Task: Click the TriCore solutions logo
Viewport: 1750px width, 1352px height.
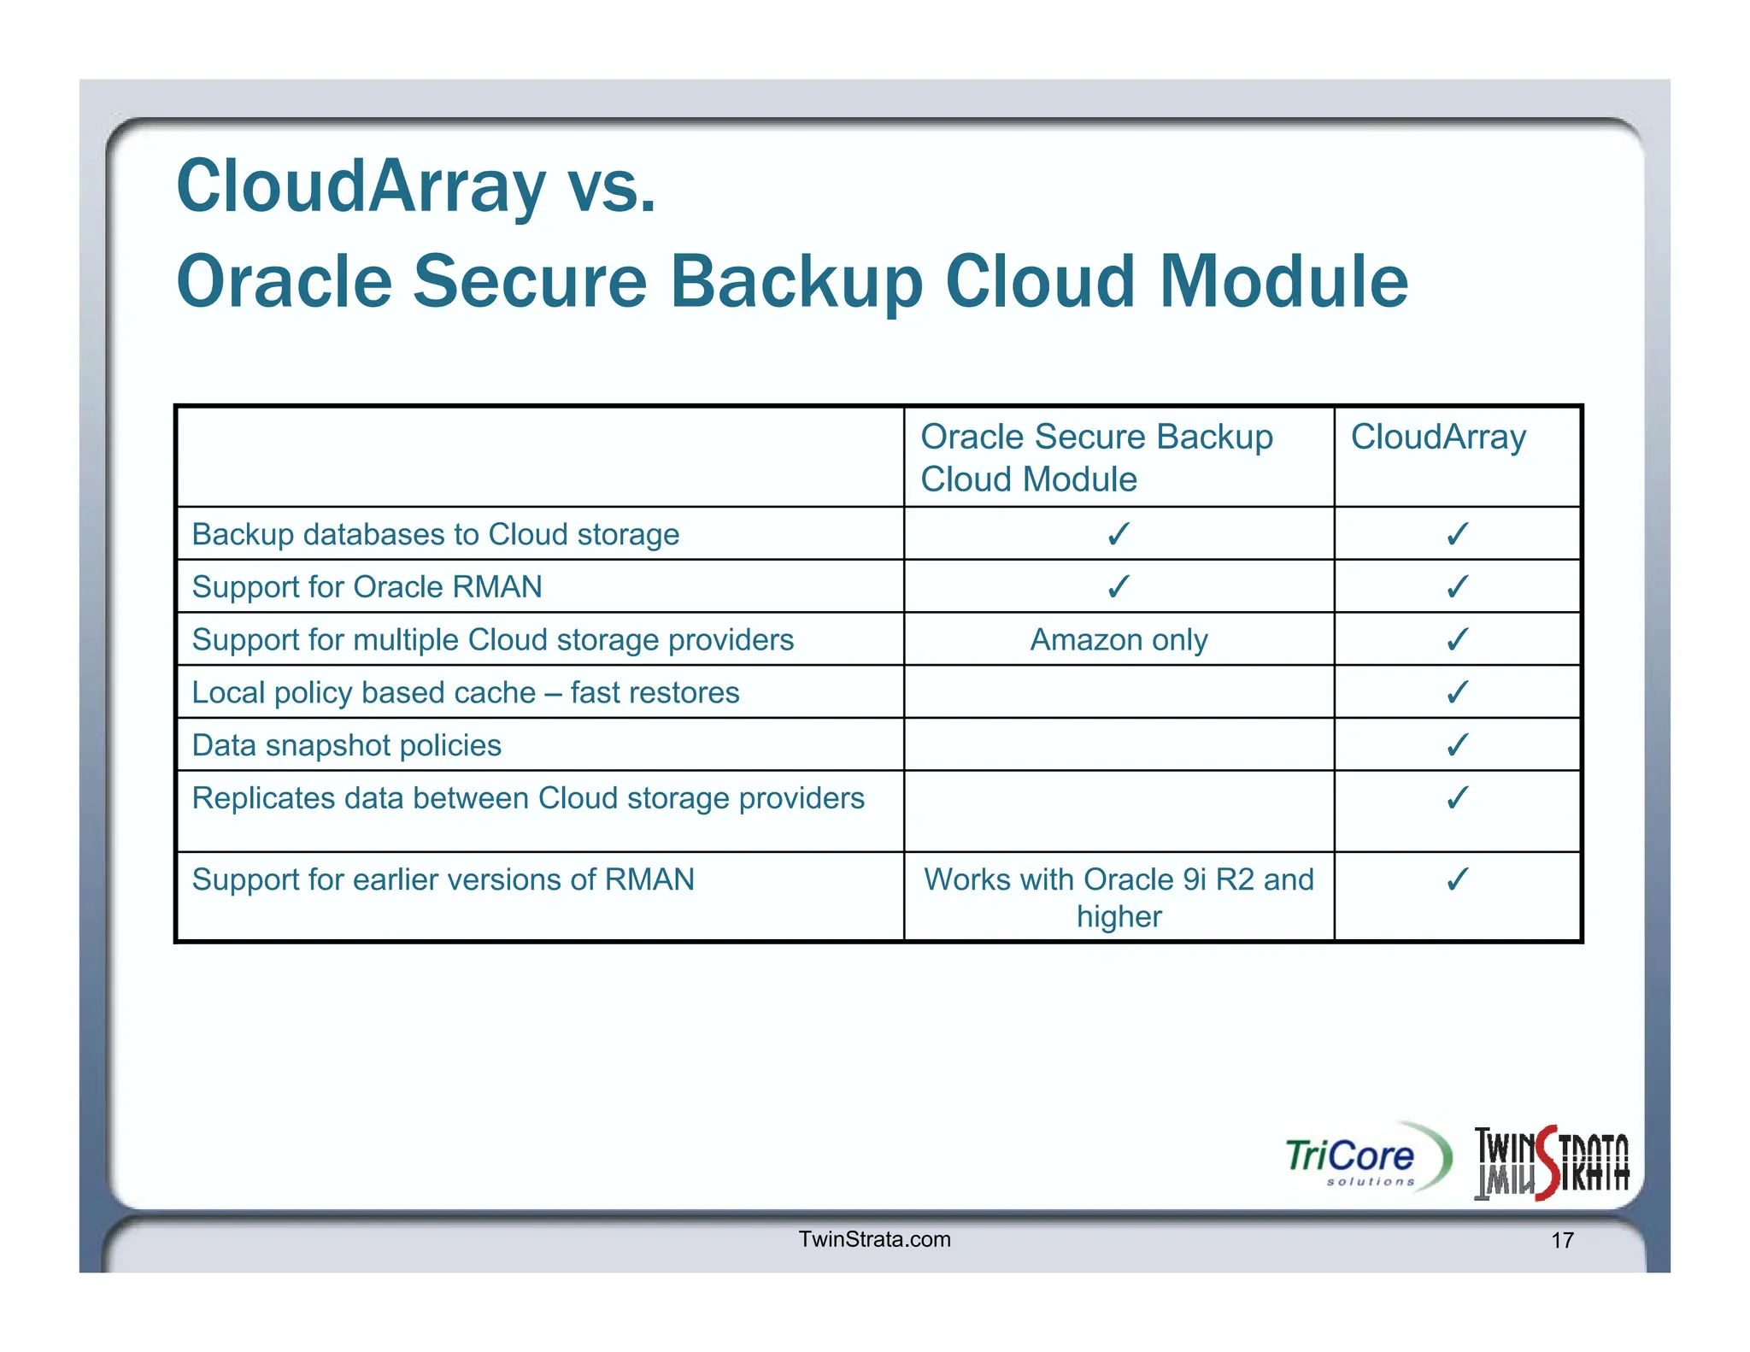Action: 1366,1159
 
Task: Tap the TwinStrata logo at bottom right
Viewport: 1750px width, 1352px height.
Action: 1552,1164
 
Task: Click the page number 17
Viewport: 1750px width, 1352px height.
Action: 1562,1240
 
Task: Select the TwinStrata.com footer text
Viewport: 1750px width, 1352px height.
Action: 874,1239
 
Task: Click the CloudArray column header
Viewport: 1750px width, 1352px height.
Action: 1438,438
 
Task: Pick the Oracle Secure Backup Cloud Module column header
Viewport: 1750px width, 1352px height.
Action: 1096,457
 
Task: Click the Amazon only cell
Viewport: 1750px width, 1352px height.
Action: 1119,639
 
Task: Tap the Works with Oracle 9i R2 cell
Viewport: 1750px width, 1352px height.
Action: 1119,897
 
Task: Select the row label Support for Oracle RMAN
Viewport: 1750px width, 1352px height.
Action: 367,587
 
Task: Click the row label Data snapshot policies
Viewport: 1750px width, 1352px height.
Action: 346,745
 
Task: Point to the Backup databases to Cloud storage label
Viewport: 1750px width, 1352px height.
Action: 435,534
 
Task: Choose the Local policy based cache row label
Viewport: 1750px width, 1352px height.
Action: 465,692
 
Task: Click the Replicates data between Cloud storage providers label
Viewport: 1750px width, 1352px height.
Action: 528,798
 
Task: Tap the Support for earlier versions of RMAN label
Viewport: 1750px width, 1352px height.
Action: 443,879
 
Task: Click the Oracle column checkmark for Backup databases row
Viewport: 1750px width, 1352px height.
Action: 1119,534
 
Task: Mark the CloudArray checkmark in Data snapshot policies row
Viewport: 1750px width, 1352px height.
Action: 1457,744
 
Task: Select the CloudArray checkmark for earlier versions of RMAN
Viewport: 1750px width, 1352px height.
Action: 1457,879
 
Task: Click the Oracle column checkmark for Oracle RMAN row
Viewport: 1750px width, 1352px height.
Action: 1119,586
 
